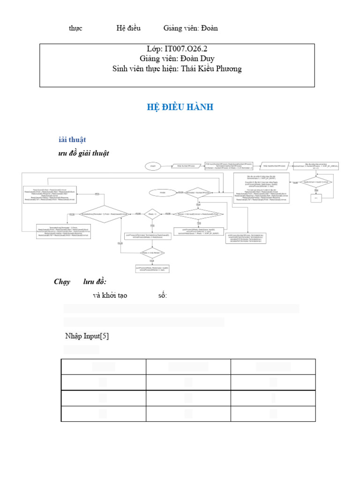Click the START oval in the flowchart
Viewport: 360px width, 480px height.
pos(153,166)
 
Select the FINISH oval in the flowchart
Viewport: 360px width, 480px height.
pos(163,193)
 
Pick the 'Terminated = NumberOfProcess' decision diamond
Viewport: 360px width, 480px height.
pos(198,193)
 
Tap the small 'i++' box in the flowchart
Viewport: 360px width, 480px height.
pos(316,198)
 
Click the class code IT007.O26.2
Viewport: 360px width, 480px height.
pos(177,49)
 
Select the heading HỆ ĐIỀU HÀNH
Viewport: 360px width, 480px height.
pos(180,107)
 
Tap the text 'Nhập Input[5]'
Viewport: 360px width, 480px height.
pos(87,336)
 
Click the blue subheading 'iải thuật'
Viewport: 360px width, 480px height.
pos(72,140)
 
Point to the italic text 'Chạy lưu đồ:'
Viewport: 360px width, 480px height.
pos(80,282)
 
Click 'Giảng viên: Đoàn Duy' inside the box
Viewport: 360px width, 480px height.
pos(177,59)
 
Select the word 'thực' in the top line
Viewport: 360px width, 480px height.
pos(75,28)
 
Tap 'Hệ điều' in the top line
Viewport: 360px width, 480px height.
pos(128,28)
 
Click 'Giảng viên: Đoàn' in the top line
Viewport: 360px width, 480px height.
pos(190,28)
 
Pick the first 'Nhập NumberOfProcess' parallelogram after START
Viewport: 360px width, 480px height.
pos(186,166)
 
